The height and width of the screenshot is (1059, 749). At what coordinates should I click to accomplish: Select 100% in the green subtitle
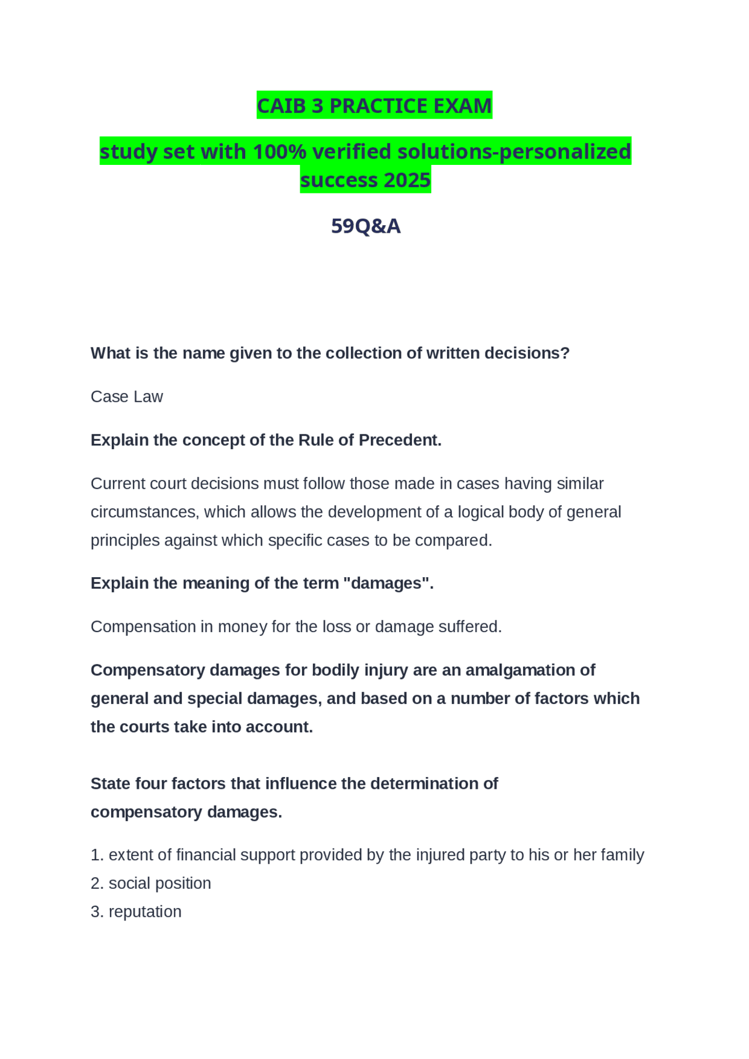[x=280, y=151]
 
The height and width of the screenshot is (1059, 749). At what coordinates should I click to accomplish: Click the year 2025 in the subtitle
[x=407, y=180]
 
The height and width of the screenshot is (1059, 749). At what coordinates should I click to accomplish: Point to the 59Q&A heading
[x=366, y=226]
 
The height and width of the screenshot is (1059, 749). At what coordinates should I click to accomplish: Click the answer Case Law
[x=126, y=396]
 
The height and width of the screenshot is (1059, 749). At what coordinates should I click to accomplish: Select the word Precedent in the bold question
[x=400, y=440]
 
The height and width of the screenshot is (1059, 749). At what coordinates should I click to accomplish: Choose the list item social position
[x=159, y=883]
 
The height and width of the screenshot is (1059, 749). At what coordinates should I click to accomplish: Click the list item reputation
[x=145, y=912]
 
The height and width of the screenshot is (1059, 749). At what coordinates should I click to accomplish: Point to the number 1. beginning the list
[x=97, y=855]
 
